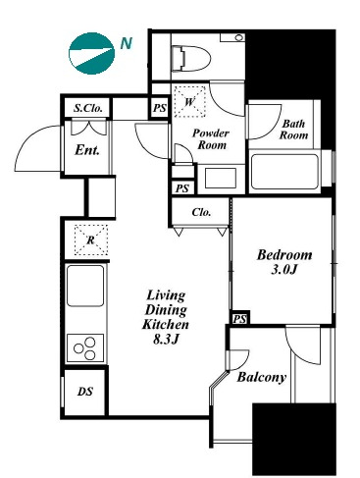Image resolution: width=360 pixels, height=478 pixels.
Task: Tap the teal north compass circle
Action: [x=92, y=53]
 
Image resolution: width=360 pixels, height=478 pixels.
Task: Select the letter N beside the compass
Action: [x=126, y=43]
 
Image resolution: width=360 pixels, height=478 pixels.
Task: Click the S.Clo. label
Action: [x=88, y=108]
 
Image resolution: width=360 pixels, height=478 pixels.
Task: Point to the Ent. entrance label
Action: [x=87, y=150]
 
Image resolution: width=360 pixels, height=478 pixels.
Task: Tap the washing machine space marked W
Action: [x=189, y=101]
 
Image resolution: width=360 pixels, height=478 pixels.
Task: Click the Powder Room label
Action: [x=211, y=138]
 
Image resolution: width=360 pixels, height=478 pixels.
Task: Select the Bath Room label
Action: [x=293, y=130]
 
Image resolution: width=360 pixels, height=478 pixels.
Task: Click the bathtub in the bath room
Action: [x=284, y=172]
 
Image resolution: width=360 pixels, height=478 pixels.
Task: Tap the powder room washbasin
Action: [x=221, y=179]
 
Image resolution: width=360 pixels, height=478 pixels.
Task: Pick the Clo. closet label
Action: [x=201, y=212]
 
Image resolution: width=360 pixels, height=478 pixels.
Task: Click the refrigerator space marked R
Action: [x=91, y=239]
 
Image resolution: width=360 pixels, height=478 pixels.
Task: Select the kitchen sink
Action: [x=85, y=286]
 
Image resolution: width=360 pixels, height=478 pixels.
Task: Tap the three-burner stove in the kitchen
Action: [x=85, y=348]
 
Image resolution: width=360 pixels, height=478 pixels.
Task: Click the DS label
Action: [x=85, y=392]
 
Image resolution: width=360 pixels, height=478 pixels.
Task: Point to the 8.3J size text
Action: [x=166, y=340]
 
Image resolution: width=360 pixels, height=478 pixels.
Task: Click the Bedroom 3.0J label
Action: [x=284, y=262]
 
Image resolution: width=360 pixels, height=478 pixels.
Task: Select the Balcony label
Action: [x=261, y=377]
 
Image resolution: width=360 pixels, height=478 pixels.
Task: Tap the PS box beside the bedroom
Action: [x=239, y=319]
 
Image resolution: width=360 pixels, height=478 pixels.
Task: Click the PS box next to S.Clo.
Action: [x=160, y=108]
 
